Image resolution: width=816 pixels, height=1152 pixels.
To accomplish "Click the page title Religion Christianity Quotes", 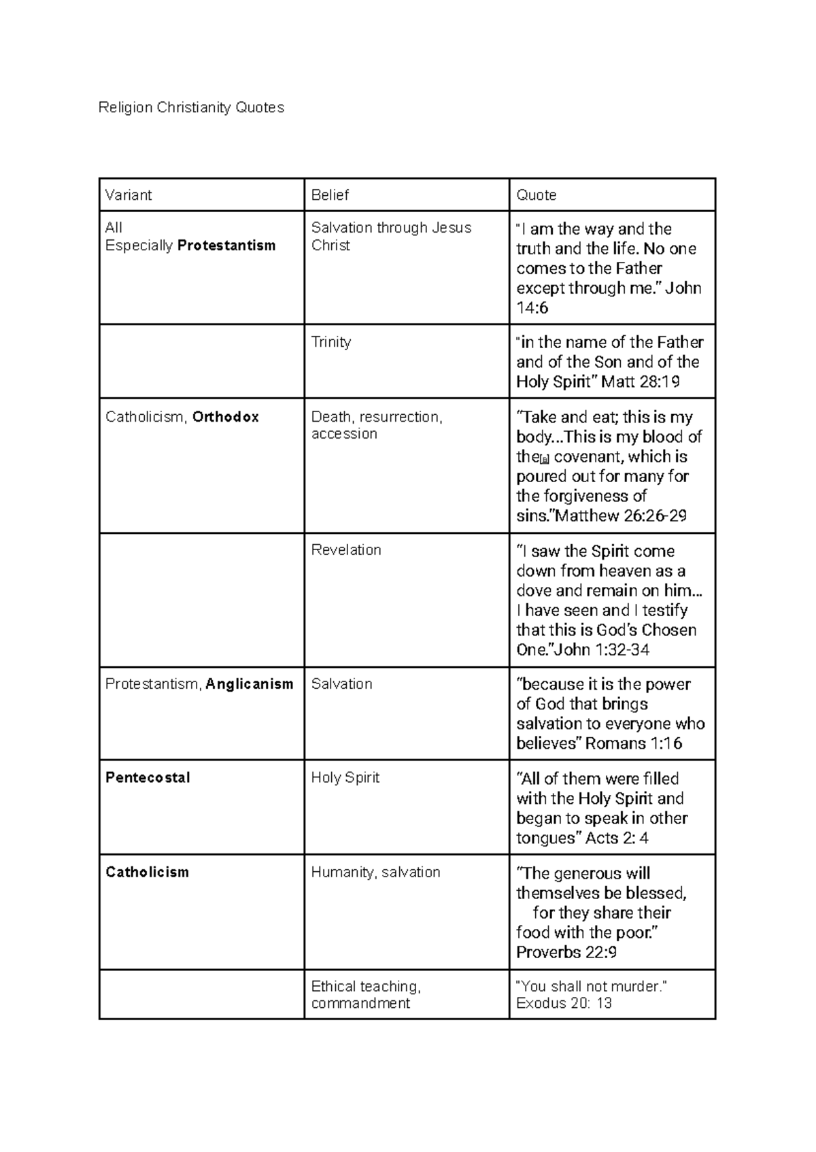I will pyautogui.click(x=191, y=107).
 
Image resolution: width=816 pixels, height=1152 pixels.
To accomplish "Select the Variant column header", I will pyautogui.click(x=129, y=195).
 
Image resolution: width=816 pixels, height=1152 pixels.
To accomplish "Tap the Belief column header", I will pyautogui.click(x=330, y=195).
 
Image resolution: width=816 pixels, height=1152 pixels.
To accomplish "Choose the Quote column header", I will pyautogui.click(x=537, y=195).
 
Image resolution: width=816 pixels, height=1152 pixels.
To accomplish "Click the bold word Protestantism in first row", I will pyautogui.click(x=226, y=245).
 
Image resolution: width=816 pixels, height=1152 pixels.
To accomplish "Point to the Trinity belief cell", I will pyautogui.click(x=331, y=342).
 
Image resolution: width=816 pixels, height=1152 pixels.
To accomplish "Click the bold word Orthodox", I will pyautogui.click(x=226, y=417).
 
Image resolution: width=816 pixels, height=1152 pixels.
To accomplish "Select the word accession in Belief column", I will pyautogui.click(x=344, y=434).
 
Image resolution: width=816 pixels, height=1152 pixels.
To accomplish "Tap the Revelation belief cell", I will pyautogui.click(x=346, y=549).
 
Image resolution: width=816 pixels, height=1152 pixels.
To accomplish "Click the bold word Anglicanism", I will pyautogui.click(x=250, y=684).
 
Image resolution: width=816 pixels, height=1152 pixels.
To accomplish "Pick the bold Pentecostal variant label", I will pyautogui.click(x=148, y=777).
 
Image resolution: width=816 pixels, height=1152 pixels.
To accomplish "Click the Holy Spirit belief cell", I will pyautogui.click(x=345, y=777).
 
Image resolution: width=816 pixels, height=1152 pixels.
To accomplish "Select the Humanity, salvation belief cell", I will pyautogui.click(x=375, y=872).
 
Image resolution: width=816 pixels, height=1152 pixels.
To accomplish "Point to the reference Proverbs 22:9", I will pyautogui.click(x=566, y=952).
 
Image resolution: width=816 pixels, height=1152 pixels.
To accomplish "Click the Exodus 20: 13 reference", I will pyautogui.click(x=564, y=1003).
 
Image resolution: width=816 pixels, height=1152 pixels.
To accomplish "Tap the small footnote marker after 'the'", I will pyautogui.click(x=544, y=459).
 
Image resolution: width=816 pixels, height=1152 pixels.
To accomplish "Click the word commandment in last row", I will pyautogui.click(x=360, y=1003).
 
